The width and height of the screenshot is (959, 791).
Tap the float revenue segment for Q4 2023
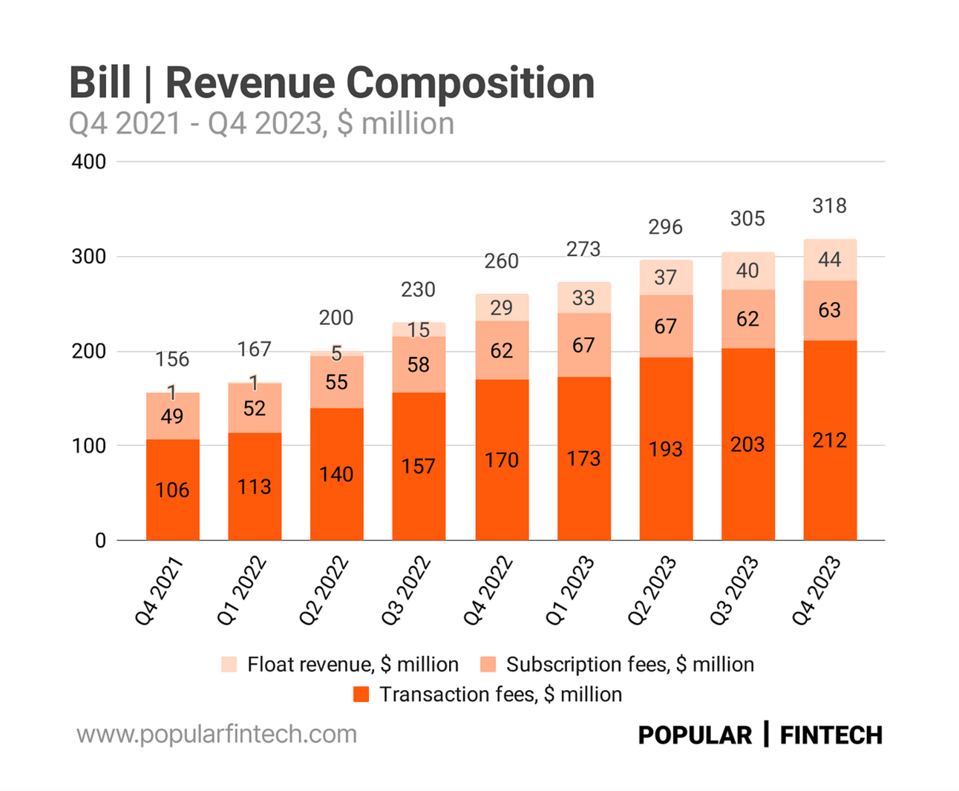830,260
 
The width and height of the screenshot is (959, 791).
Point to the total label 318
829,206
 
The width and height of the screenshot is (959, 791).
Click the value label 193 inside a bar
665,449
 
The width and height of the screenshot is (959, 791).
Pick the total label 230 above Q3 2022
418,289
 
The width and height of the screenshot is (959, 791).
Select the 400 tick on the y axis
89,162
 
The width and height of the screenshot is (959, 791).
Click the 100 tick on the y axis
89,446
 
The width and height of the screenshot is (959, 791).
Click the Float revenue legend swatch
229,664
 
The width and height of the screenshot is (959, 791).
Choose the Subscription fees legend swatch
488,664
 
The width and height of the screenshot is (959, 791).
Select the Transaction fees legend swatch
361,695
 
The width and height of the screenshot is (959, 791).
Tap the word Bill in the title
100,82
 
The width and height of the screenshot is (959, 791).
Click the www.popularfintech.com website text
217,735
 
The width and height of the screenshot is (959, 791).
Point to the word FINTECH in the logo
831,735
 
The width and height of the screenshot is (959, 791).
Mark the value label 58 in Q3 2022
419,364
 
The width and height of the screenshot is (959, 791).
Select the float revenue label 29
502,307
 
